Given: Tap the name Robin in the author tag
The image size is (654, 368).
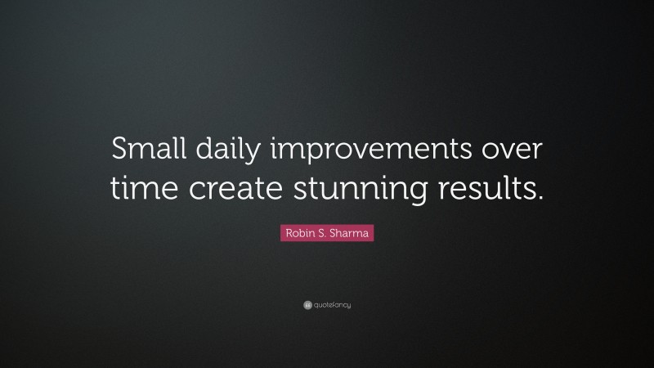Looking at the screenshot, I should [297, 234].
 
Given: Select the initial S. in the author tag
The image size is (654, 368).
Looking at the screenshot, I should [320, 234].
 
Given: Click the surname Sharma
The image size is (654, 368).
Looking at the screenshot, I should [349, 234].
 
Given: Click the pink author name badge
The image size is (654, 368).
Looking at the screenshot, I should [327, 234].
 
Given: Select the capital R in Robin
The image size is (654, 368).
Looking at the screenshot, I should [286, 234].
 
